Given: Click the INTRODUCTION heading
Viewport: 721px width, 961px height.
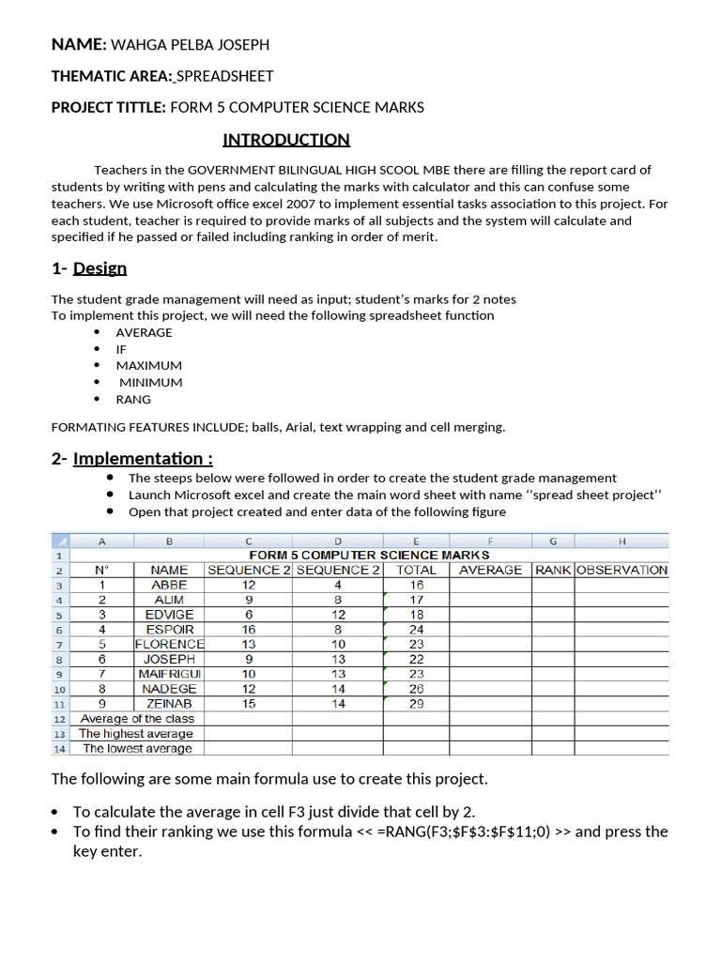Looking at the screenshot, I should tap(285, 140).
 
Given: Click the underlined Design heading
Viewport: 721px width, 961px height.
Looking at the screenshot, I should tap(100, 268).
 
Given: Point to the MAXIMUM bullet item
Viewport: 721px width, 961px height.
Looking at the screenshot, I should tap(148, 365).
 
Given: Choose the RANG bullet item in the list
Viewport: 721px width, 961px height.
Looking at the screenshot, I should tap(133, 399).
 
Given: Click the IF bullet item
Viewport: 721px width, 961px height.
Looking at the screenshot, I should tap(121, 349).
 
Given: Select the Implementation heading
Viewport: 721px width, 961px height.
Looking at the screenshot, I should tap(143, 458).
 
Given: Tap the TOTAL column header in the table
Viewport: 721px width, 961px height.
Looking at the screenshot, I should tap(416, 570).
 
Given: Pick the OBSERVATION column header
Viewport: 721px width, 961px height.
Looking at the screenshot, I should tap(621, 570).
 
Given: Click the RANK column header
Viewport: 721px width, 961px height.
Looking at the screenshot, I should tap(553, 570).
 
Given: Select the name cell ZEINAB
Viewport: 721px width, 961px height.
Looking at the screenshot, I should tap(169, 704).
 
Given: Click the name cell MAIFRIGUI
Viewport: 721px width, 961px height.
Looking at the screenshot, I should tap(169, 674).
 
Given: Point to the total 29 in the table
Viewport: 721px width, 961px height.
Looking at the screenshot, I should tap(416, 704).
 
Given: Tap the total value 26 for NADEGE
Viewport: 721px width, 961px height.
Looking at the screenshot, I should tap(416, 689).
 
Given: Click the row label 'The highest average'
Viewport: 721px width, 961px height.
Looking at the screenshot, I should tap(135, 734).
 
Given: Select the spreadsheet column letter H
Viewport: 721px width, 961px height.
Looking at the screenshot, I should tap(621, 541).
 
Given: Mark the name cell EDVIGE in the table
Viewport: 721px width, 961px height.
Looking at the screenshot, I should tap(169, 615).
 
